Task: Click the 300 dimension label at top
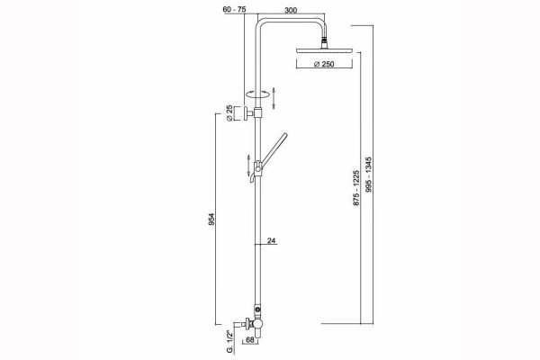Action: [292, 10]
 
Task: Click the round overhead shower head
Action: [320, 52]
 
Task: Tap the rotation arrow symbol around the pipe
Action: [258, 93]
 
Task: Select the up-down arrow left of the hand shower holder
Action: [245, 164]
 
